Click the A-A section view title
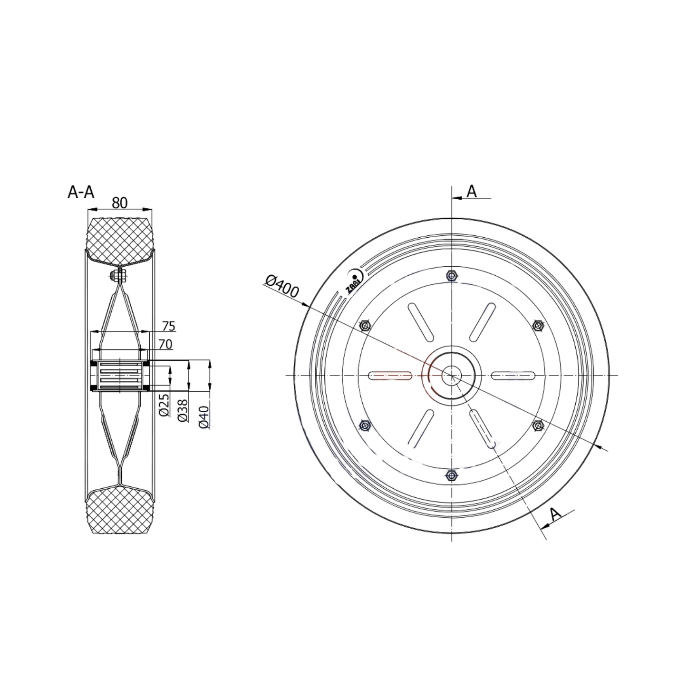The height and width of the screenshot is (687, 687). pyautogui.click(x=81, y=192)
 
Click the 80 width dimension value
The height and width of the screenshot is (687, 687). pyautogui.click(x=119, y=203)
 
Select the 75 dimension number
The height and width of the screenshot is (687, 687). pyautogui.click(x=168, y=326)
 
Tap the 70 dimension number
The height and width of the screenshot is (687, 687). pyautogui.click(x=165, y=344)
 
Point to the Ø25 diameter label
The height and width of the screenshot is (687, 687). pyautogui.click(x=164, y=405)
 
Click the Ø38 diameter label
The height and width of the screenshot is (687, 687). pyautogui.click(x=183, y=410)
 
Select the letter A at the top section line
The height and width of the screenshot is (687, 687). pyautogui.click(x=471, y=191)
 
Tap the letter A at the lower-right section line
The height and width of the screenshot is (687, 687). pyautogui.click(x=555, y=514)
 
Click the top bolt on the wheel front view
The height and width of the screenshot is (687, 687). pyautogui.click(x=452, y=276)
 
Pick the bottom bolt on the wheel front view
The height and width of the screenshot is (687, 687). pyautogui.click(x=452, y=475)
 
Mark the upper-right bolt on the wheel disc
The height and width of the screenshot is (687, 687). pyautogui.click(x=538, y=326)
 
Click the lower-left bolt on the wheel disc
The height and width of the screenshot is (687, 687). pyautogui.click(x=365, y=425)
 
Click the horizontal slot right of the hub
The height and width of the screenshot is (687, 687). pyautogui.click(x=513, y=376)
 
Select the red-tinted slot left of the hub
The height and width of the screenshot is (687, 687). pyautogui.click(x=390, y=376)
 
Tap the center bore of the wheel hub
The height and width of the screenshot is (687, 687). pyautogui.click(x=451, y=376)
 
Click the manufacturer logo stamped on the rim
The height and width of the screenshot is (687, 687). pyautogui.click(x=354, y=282)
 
